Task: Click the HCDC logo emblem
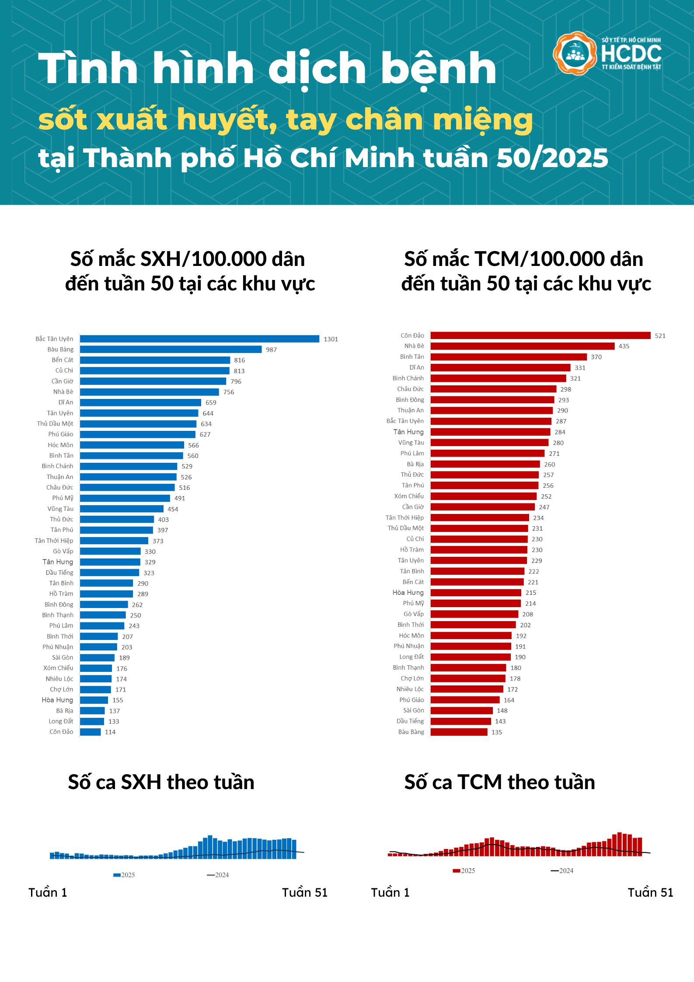575,53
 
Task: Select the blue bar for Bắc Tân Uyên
199,339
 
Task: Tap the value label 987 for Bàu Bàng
271,349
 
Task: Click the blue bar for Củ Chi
154,371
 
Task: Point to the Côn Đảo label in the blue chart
61,732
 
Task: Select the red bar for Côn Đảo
540,335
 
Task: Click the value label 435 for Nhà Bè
624,346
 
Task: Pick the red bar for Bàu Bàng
459,732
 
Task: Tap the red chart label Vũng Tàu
411,443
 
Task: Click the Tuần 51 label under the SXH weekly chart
304,892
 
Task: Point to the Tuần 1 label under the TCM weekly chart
390,892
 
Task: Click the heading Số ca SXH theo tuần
161,782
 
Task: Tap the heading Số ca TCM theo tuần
499,782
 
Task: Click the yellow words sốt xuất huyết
157,119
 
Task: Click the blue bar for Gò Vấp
110,552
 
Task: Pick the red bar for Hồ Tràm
479,550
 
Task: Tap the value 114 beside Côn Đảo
110,732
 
